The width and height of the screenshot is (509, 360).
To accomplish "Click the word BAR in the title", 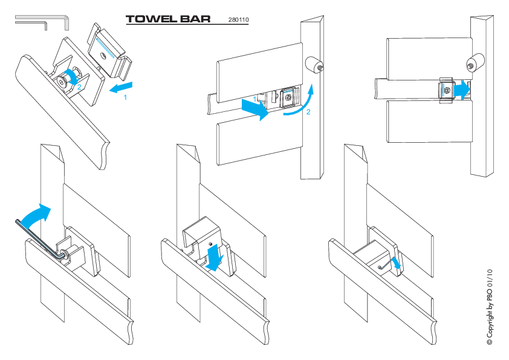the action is click(x=195, y=19).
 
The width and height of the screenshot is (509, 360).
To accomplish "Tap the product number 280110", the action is click(x=239, y=20).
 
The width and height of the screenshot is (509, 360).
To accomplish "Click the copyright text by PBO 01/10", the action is click(x=490, y=307).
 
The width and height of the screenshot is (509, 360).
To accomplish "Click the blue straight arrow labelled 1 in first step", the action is click(x=121, y=87).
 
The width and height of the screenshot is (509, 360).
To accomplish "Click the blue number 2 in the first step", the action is click(x=79, y=87).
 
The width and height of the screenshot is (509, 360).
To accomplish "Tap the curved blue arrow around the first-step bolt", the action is click(x=73, y=76).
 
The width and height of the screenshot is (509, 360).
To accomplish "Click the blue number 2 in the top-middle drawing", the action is click(x=308, y=112).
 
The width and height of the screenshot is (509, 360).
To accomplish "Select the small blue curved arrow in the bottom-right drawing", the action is click(x=397, y=263).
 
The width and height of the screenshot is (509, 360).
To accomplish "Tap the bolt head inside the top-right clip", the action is click(x=447, y=90).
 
